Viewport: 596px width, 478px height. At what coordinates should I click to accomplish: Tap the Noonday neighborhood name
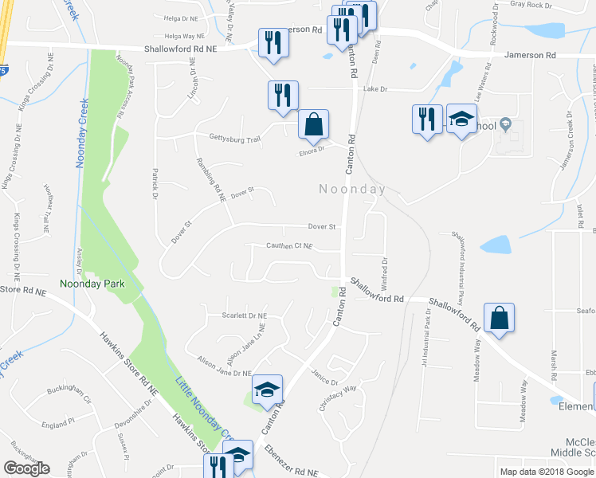pos(352,190)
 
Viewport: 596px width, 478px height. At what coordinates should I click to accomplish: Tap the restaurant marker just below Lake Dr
pos(283,95)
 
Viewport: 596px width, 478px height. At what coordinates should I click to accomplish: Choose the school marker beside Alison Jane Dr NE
pos(267,390)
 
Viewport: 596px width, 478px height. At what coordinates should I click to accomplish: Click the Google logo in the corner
pos(26,468)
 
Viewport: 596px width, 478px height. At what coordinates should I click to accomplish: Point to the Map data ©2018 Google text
pos(547,472)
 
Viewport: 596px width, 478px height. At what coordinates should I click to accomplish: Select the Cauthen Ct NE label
pos(289,246)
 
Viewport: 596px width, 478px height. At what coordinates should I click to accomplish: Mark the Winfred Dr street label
pos(385,272)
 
